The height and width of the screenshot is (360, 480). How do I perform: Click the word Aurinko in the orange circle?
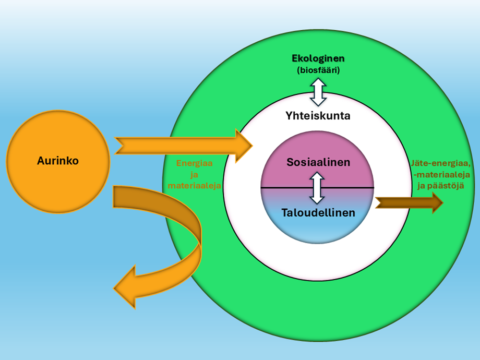point(58,161)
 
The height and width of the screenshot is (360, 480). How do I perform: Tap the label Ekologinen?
point(318,58)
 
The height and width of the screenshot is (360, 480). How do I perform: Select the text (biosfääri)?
point(318,70)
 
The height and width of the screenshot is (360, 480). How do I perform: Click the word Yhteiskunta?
point(318,115)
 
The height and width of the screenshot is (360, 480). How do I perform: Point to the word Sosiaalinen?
point(318,162)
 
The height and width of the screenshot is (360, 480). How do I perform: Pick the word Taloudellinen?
point(318,213)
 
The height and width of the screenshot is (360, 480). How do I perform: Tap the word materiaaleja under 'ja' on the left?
point(194,185)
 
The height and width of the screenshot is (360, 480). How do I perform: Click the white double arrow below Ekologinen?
point(318,92)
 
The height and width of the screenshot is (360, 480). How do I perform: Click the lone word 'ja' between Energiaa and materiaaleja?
point(194,174)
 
